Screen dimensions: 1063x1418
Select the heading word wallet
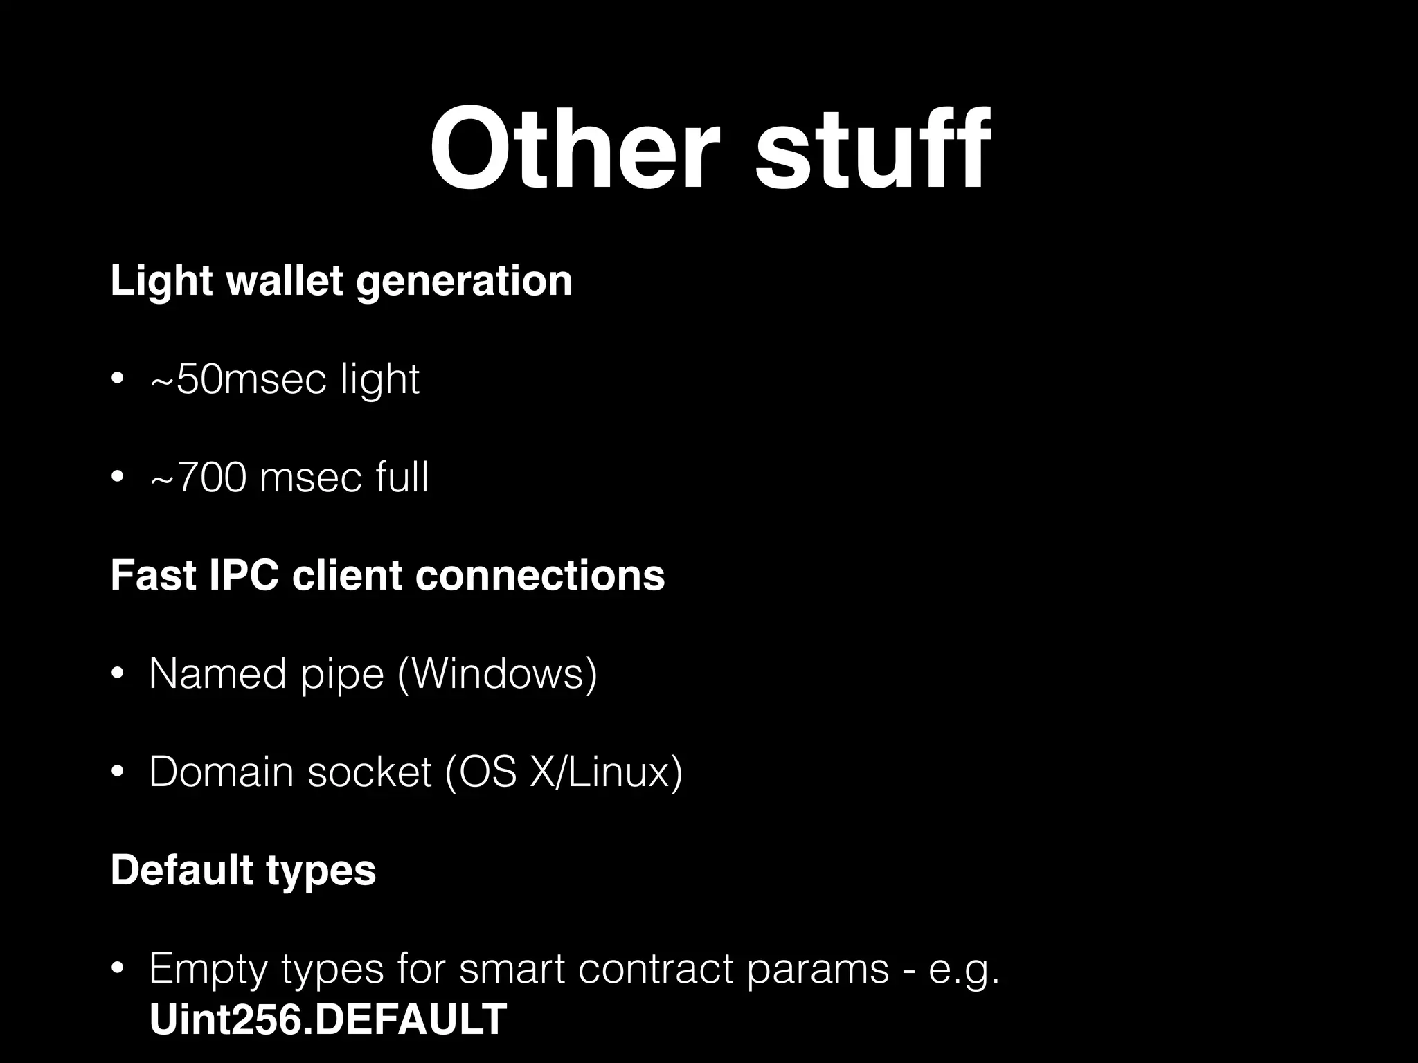click(285, 281)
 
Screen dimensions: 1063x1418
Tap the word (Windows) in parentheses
click(498, 674)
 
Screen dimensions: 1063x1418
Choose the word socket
click(370, 772)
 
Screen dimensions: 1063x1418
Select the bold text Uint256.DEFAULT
click(328, 1019)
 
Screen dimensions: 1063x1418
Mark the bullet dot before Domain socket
click(118, 773)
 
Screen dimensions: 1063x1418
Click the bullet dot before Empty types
click(118, 970)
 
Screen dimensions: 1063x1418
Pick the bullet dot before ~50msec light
click(118, 380)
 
